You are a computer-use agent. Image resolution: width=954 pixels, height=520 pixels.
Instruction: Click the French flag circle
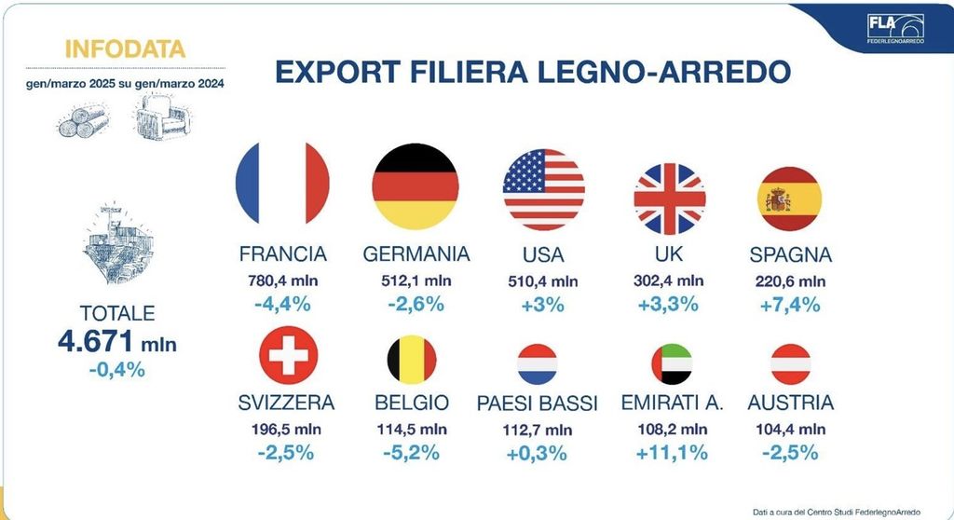coord(283,190)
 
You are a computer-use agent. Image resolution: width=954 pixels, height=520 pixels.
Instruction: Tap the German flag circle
coord(415,187)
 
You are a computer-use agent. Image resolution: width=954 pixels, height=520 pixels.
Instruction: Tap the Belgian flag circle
coord(412,360)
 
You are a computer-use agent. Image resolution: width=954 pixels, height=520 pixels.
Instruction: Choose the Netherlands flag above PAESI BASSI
coord(538,364)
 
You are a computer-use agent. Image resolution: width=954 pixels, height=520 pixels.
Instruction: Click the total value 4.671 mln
coord(116,343)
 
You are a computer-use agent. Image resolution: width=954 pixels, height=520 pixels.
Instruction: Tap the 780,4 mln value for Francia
coord(282,281)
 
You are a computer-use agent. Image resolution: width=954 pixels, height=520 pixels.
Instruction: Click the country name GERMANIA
coord(416,254)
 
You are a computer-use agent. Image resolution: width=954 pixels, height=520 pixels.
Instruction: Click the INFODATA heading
coord(126,48)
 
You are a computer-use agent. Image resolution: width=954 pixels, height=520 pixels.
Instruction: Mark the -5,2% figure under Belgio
coord(412,453)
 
